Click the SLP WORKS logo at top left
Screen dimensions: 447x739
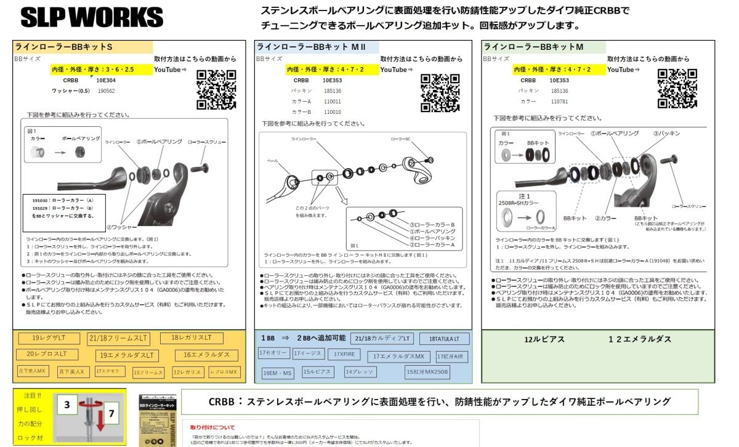tap(92, 17)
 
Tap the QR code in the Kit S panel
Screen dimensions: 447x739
tap(216, 90)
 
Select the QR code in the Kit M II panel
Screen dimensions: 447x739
tap(440, 93)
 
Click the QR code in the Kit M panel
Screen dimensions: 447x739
tap(677, 89)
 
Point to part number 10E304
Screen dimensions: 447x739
tap(106, 80)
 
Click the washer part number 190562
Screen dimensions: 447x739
tap(106, 91)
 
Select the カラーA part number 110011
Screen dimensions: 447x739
tap(333, 101)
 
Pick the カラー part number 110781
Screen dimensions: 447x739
tap(559, 101)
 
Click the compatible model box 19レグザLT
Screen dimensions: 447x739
tap(49, 338)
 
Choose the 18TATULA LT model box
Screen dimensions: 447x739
tap(444, 339)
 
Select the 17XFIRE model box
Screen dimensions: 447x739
tap(344, 354)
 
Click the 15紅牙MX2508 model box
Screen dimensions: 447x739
tap(427, 372)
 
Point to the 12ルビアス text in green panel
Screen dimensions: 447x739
tap(544, 339)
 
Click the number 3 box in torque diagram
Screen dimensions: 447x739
tap(67, 405)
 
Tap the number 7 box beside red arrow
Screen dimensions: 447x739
tap(111, 414)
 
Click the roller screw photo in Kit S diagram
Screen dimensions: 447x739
tap(204, 167)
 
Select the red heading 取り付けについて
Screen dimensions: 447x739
tap(213, 426)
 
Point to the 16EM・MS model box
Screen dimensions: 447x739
tap(278, 373)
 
